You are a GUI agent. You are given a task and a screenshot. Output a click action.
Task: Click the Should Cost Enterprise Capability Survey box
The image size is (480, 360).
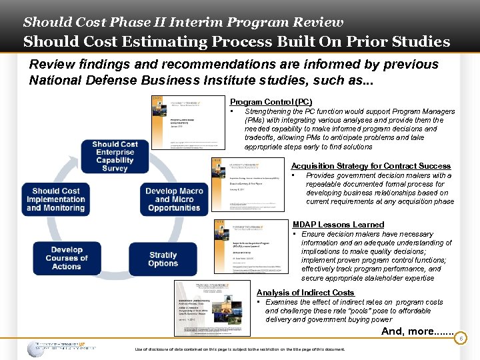coord(115,157)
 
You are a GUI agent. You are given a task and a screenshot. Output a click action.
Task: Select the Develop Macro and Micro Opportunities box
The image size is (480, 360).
coord(173,199)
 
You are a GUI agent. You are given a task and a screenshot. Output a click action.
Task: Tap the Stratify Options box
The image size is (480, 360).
coord(163,259)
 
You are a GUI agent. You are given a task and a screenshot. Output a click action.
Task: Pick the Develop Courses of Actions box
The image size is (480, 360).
coord(66,258)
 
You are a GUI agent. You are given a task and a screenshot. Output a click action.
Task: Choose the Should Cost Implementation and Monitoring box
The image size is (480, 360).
coord(55,199)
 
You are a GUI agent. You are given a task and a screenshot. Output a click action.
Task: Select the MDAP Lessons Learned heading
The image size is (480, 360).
coord(338,225)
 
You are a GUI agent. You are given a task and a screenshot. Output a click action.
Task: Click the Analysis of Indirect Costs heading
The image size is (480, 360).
coord(305,293)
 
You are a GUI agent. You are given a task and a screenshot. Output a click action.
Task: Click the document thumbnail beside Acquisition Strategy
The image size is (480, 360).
coord(249,186)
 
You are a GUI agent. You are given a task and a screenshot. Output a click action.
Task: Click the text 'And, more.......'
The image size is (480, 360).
coord(417,331)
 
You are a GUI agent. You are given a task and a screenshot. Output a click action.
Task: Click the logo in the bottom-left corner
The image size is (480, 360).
coord(60,348)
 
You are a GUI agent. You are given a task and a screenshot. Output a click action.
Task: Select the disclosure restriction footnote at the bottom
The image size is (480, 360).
coord(239,349)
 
